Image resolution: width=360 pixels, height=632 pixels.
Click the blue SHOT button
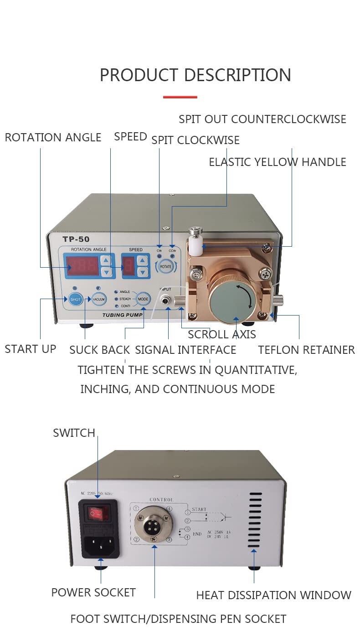(75, 299)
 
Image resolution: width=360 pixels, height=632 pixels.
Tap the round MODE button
(143, 299)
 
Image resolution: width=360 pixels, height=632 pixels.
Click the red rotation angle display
(82, 266)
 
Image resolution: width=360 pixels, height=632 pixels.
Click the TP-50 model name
(76, 239)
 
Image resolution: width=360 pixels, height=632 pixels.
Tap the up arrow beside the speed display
(143, 261)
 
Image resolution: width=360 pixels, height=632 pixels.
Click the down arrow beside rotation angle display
(106, 272)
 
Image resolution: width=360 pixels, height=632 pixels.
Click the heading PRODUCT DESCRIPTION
(195, 75)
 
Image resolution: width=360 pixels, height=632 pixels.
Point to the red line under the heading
(180, 97)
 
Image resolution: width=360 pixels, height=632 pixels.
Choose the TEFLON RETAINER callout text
(306, 350)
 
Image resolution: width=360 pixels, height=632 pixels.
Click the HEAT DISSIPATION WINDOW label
(273, 595)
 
